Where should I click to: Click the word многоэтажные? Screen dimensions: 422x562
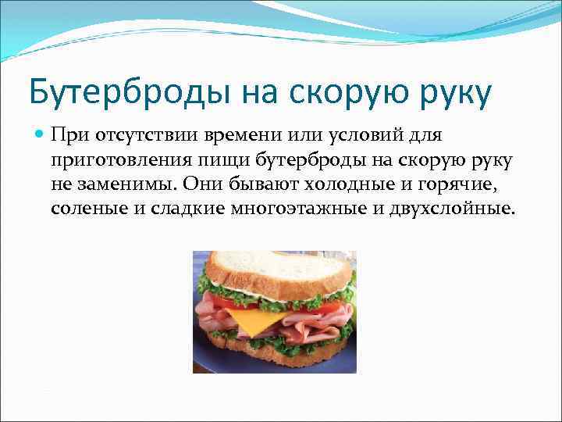point(279,209)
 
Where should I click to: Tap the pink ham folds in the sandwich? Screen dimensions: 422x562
point(312,316)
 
